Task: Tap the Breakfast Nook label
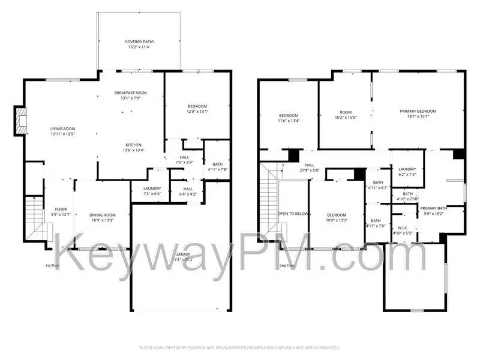pyautogui.click(x=130, y=93)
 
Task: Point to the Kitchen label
pyautogui.click(x=133, y=145)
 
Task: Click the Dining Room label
pyautogui.click(x=102, y=215)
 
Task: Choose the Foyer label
pyautogui.click(x=61, y=209)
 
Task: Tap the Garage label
pyautogui.click(x=183, y=254)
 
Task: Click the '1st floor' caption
pyautogui.click(x=53, y=265)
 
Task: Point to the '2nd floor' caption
pyautogui.click(x=287, y=265)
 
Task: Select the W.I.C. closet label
pyautogui.click(x=403, y=228)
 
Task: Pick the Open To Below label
pyautogui.click(x=293, y=214)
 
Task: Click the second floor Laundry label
pyautogui.click(x=407, y=169)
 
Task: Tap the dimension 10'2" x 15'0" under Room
pyautogui.click(x=346, y=118)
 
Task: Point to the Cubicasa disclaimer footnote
pyautogui.click(x=240, y=347)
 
